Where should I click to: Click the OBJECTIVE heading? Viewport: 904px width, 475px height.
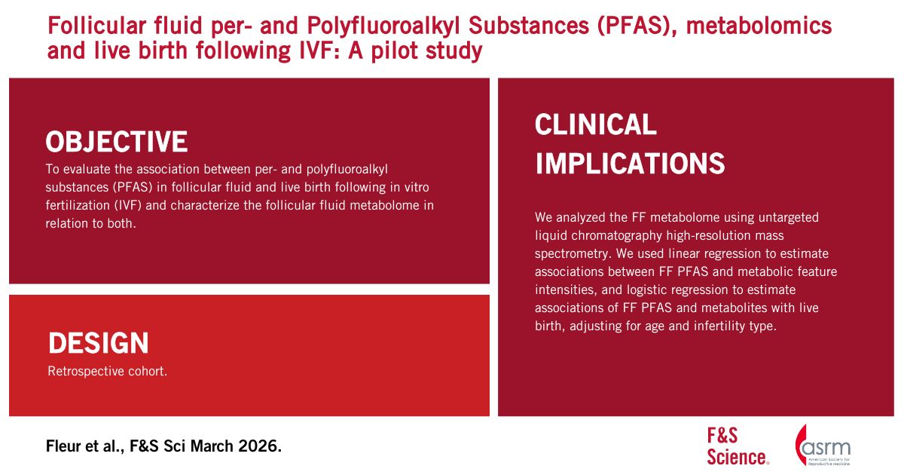116,142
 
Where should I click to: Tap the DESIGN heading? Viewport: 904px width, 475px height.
99,343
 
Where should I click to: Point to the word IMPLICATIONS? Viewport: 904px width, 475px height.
630,163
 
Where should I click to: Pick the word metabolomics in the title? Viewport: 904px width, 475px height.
759,25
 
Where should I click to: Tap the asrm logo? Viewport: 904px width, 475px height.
823,446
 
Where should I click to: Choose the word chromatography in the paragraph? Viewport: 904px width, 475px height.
618,235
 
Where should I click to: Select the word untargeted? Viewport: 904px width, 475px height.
789,218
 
